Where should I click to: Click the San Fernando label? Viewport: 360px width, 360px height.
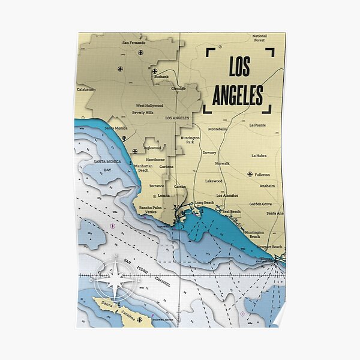(x=134, y=43)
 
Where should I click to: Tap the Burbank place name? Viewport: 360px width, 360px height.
(x=161, y=77)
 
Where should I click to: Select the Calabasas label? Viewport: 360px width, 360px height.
(x=85, y=89)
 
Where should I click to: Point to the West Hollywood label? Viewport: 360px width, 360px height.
(x=149, y=106)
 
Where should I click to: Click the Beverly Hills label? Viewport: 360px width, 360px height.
(x=143, y=112)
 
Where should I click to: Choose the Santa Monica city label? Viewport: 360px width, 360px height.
(x=116, y=128)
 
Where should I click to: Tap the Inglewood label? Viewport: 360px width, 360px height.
(x=152, y=148)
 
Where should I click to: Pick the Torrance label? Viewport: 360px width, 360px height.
(x=157, y=186)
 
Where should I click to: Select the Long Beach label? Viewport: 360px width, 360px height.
(x=204, y=203)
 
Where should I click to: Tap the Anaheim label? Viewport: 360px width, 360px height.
(x=266, y=186)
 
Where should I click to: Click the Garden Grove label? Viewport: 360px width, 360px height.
(x=260, y=204)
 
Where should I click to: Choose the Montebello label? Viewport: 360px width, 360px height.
(x=217, y=129)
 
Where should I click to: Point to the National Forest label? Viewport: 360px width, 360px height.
(x=260, y=38)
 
